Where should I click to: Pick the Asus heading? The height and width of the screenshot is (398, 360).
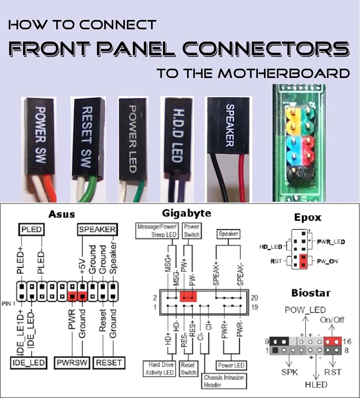pyautogui.click(x=61, y=214)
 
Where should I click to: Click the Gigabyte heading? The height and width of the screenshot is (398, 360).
pyautogui.click(x=186, y=213)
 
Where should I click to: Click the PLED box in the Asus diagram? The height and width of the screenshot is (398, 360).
pyautogui.click(x=32, y=229)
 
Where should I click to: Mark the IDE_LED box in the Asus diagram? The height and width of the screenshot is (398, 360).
pyautogui.click(x=28, y=363)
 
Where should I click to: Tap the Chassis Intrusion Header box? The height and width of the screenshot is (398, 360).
pyautogui.click(x=224, y=381)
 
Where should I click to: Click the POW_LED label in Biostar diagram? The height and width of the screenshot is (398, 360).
pyautogui.click(x=305, y=310)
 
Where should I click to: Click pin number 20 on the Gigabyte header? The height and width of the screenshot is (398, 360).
pyautogui.click(x=255, y=298)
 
